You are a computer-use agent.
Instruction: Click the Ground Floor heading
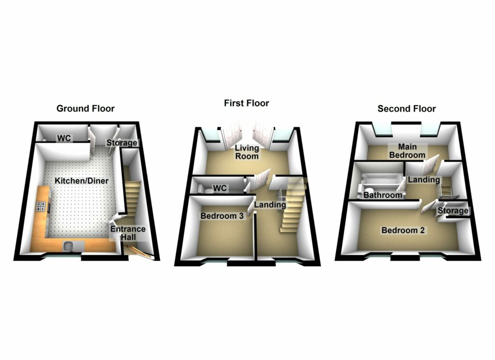point(86,108)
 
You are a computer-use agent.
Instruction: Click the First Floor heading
point(247,103)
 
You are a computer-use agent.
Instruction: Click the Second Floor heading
point(407,109)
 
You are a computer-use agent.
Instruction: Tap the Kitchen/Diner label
point(81,181)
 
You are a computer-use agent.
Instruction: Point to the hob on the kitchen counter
point(41,208)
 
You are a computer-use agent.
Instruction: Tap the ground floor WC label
point(64,139)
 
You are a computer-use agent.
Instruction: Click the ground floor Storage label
point(122,143)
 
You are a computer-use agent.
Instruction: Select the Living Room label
point(247,152)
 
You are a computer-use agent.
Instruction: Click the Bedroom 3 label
point(222,216)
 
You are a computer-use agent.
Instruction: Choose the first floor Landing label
point(270,205)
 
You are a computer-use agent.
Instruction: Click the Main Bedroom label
point(408,151)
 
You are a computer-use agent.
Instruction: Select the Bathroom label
point(383,196)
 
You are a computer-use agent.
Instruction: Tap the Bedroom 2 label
point(403,230)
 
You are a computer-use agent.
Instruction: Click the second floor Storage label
point(452,211)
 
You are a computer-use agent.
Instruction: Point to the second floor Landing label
point(424,180)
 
